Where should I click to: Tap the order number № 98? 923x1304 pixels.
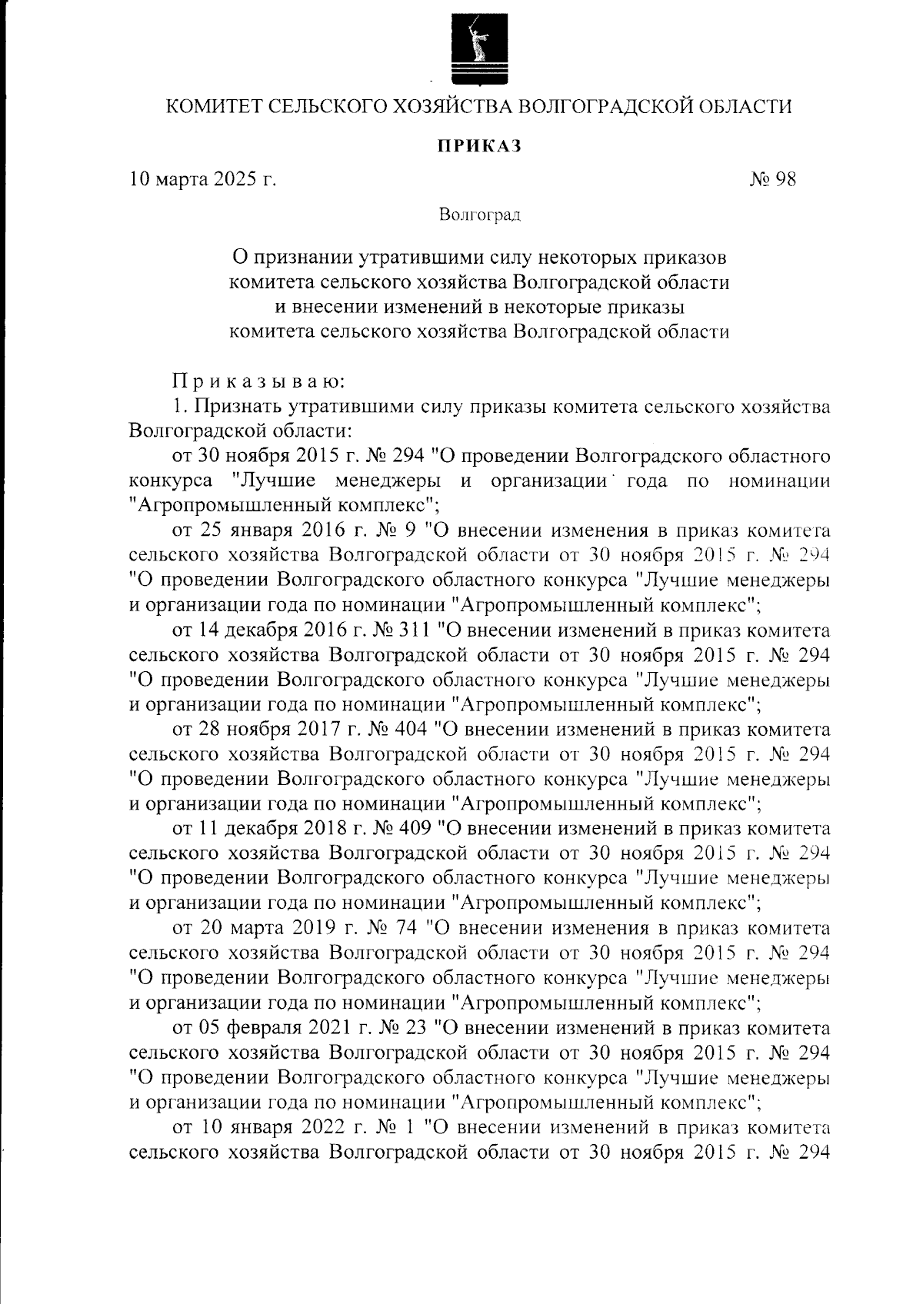tap(772, 181)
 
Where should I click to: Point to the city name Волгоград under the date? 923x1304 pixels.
tap(480, 215)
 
